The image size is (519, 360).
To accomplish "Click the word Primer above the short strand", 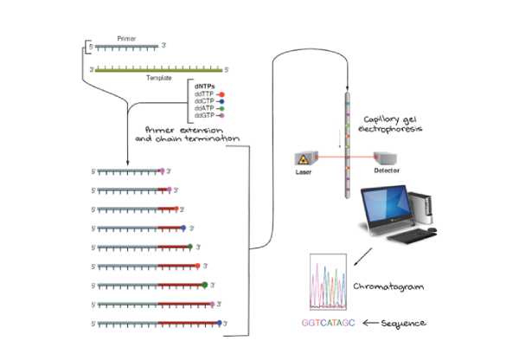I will point(127,39).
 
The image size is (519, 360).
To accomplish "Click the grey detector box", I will point(386,158).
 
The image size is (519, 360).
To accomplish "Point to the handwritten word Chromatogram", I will point(390,286).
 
